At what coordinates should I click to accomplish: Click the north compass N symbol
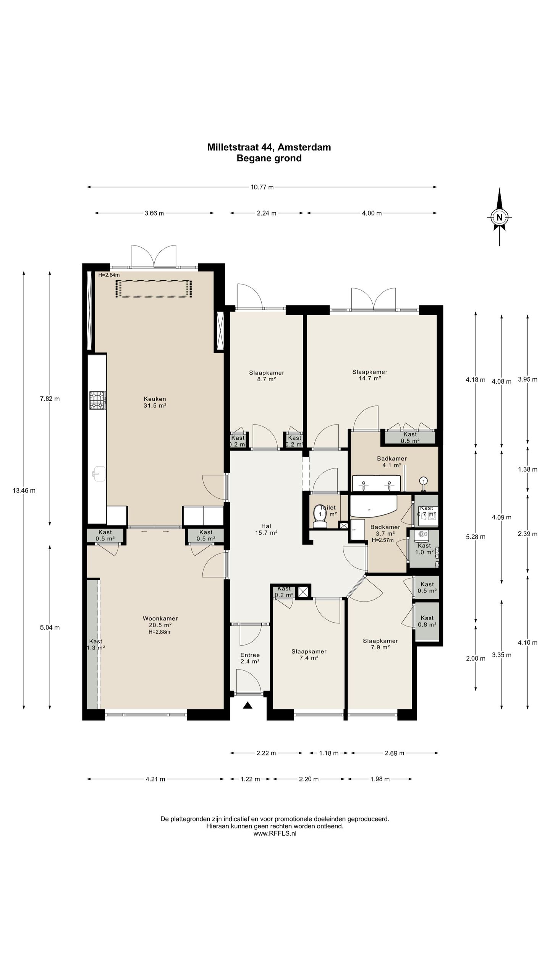(499, 218)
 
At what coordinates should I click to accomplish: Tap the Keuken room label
(155, 402)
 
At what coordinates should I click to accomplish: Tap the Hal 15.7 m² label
(266, 529)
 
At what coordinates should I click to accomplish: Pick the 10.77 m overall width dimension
(262, 187)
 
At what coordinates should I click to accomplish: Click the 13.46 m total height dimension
(24, 490)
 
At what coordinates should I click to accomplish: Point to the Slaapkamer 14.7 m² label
(370, 375)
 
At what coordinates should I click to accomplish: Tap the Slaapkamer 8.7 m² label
(267, 376)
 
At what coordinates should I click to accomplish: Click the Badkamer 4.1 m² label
(391, 462)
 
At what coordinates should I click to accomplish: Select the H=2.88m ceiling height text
(159, 632)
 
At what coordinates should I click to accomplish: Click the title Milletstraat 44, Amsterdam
(269, 147)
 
